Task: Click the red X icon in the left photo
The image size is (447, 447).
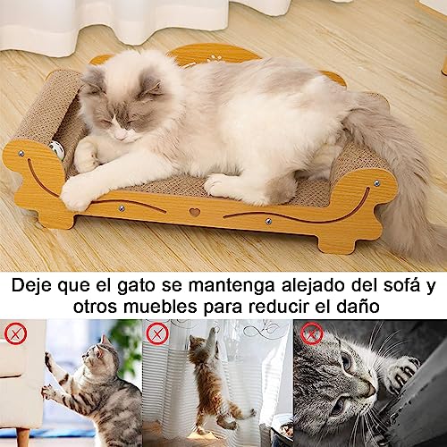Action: pyautogui.click(x=15, y=334)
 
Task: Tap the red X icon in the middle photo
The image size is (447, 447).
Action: pyautogui.click(x=158, y=334)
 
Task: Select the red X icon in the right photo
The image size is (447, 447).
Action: pyautogui.click(x=311, y=334)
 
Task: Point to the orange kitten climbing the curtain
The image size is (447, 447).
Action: pyautogui.click(x=207, y=380)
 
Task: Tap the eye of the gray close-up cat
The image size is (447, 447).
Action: pyautogui.click(x=347, y=366)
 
